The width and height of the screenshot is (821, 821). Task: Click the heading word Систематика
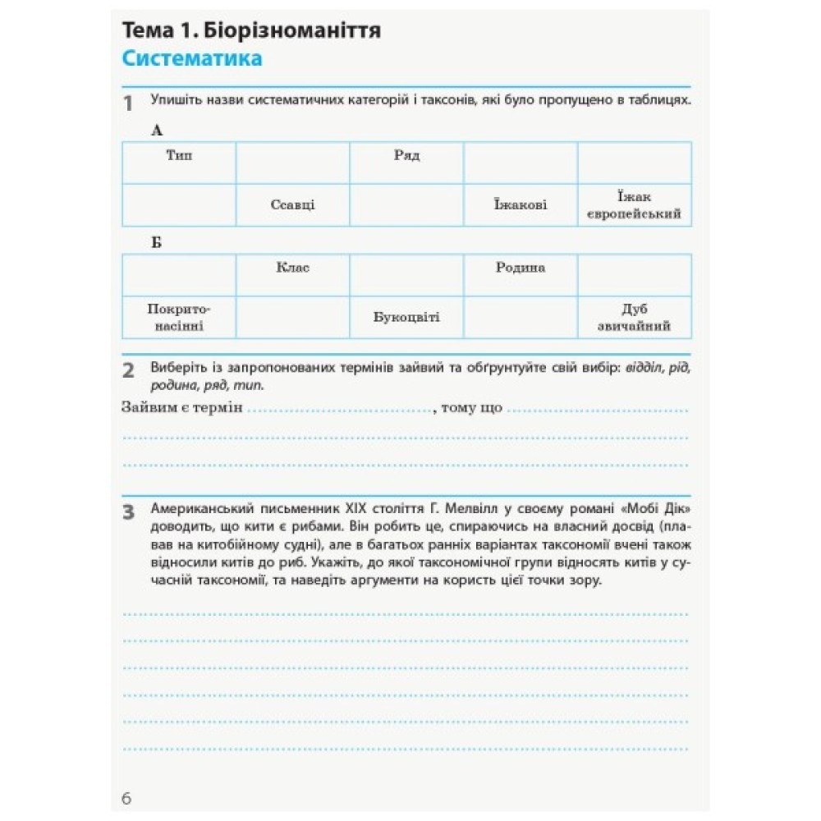tap(191, 59)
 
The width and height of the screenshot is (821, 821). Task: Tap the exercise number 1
tap(128, 104)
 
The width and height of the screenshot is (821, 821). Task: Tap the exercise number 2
tap(128, 370)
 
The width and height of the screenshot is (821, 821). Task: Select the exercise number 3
tap(128, 514)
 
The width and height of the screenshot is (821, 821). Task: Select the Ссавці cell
tap(292, 205)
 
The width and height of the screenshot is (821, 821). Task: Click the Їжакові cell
tap(521, 205)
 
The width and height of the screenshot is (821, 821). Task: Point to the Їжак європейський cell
tap(635, 205)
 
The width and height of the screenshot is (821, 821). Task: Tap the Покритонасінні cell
tap(179, 318)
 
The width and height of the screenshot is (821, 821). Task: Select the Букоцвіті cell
tap(406, 318)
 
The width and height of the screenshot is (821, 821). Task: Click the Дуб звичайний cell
tap(635, 318)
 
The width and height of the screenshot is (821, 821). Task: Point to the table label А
tap(158, 131)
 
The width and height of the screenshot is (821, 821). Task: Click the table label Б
tap(157, 243)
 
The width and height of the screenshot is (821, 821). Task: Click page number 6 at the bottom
tap(126, 798)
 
